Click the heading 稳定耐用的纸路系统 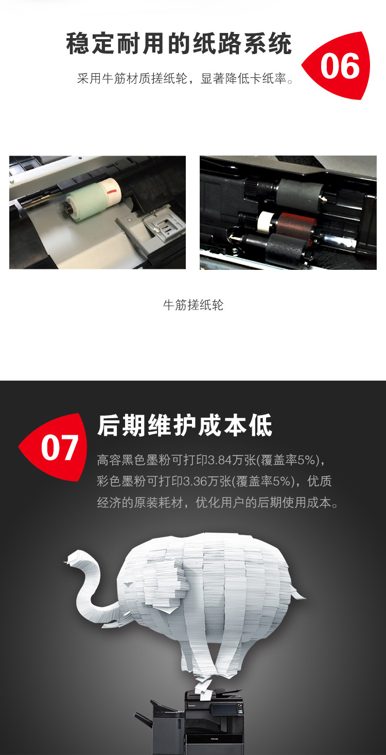(179, 44)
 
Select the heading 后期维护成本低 (185, 426)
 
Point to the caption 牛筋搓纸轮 (193, 305)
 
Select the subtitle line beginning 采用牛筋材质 (186, 78)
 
